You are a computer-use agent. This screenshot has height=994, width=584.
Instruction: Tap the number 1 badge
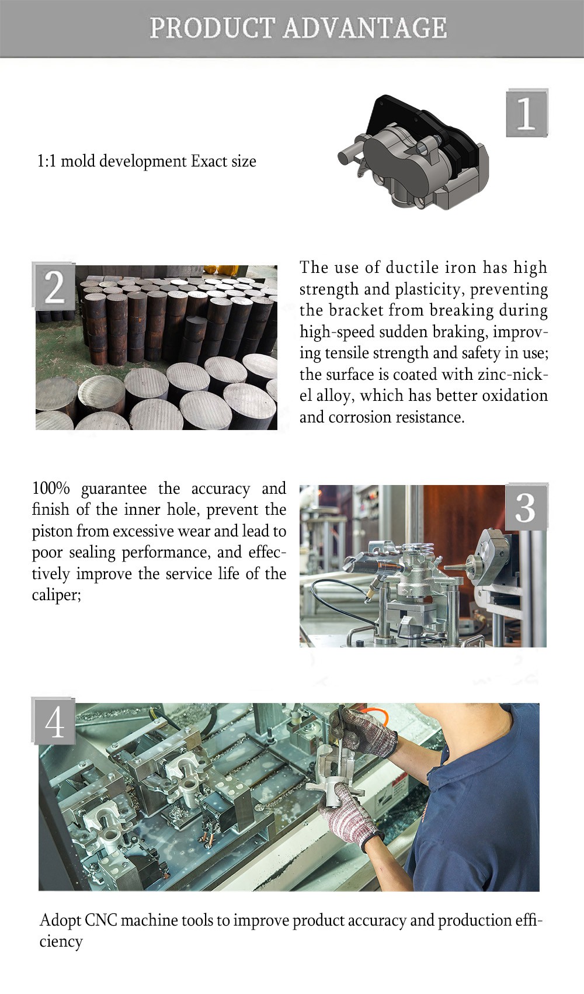click(x=527, y=113)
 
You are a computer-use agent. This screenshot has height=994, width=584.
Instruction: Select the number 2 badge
click(x=54, y=286)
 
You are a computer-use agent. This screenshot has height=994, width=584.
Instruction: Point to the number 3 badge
click(x=526, y=507)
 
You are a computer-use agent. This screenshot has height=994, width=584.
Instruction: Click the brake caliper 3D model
click(x=413, y=152)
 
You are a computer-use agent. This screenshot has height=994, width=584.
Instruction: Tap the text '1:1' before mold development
click(x=47, y=161)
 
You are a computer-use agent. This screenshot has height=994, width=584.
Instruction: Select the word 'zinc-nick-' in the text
click(x=513, y=374)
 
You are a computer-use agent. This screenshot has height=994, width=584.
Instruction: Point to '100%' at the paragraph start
click(x=51, y=488)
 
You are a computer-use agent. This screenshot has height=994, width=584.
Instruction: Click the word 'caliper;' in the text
click(x=56, y=595)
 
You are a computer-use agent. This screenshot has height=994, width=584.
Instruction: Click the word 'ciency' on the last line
click(x=61, y=941)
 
